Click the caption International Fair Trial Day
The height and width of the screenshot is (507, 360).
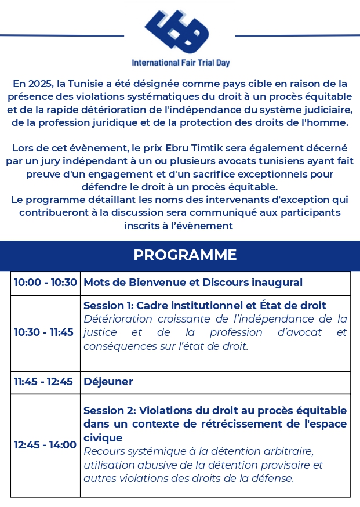(x=180, y=63)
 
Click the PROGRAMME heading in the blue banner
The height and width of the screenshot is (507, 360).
(x=185, y=255)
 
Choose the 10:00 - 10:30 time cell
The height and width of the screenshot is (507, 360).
(x=45, y=283)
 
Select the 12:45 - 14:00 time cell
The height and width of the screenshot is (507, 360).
(x=45, y=445)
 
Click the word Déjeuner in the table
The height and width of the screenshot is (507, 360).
(x=108, y=382)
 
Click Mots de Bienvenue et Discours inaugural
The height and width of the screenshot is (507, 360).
(x=193, y=283)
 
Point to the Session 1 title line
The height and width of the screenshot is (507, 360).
(x=205, y=305)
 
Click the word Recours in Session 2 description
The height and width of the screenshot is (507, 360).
(x=105, y=451)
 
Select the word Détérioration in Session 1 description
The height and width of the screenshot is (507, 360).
(x=115, y=319)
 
